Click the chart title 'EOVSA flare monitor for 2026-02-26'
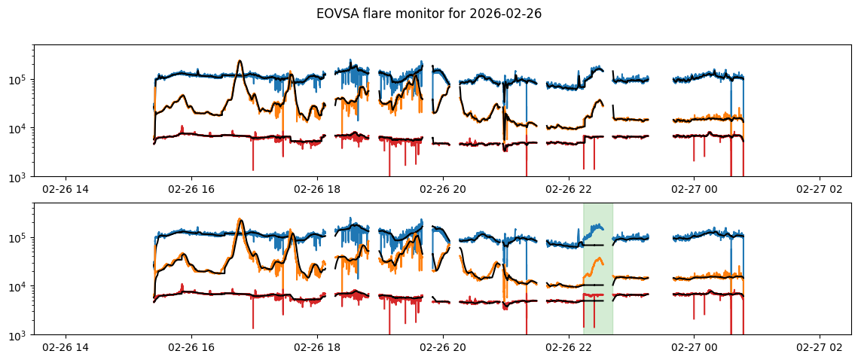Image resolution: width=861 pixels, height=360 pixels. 429,14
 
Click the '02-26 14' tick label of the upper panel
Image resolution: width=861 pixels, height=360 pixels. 66,189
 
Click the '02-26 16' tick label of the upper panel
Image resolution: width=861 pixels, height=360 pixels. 191,189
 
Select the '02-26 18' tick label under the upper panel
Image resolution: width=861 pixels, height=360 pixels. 317,189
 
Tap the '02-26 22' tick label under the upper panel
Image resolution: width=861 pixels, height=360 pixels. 568,189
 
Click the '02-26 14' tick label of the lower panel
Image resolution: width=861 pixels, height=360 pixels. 66,347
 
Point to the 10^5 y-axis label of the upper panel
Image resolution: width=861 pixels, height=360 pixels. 20,80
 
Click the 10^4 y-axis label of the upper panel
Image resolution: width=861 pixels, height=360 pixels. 20,129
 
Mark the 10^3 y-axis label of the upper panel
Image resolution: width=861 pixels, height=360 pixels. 20,177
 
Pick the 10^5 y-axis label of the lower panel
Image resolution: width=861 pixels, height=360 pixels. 20,238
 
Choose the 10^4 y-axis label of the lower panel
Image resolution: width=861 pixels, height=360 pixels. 20,287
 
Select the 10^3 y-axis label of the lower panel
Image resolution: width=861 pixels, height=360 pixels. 20,335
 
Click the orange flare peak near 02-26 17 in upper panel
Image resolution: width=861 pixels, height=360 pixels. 240,62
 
